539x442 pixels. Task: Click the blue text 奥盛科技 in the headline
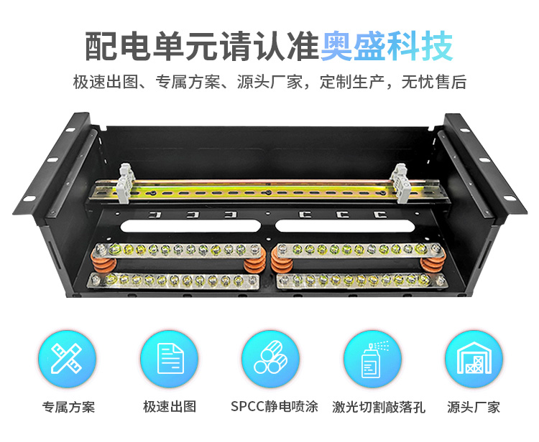coord(387,46)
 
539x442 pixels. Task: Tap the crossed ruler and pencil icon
coord(66,359)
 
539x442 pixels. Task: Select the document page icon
coord(170,359)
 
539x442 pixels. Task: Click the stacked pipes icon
coord(270,357)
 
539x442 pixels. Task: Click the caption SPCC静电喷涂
coord(275,407)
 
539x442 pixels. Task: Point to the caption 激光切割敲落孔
coord(379,407)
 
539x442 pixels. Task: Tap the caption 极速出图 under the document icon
coord(170,407)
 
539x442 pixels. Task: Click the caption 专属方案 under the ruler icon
coord(68,407)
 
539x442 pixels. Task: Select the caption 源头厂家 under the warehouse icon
coord(474,407)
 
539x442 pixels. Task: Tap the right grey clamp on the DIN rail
coord(401,183)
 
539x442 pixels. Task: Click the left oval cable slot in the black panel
coord(190,227)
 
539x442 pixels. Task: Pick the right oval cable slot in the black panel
coord(346,226)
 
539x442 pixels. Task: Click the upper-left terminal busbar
coord(178,250)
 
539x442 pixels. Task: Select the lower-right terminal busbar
coord(358,281)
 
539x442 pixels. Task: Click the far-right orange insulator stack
coord(433,263)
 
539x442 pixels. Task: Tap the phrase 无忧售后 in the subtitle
coord(434,82)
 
